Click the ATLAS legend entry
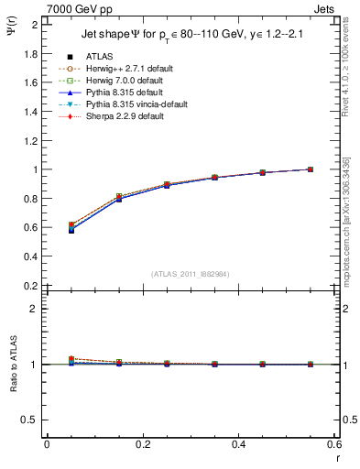pos(98,57)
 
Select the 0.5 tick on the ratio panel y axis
pos(32,420)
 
